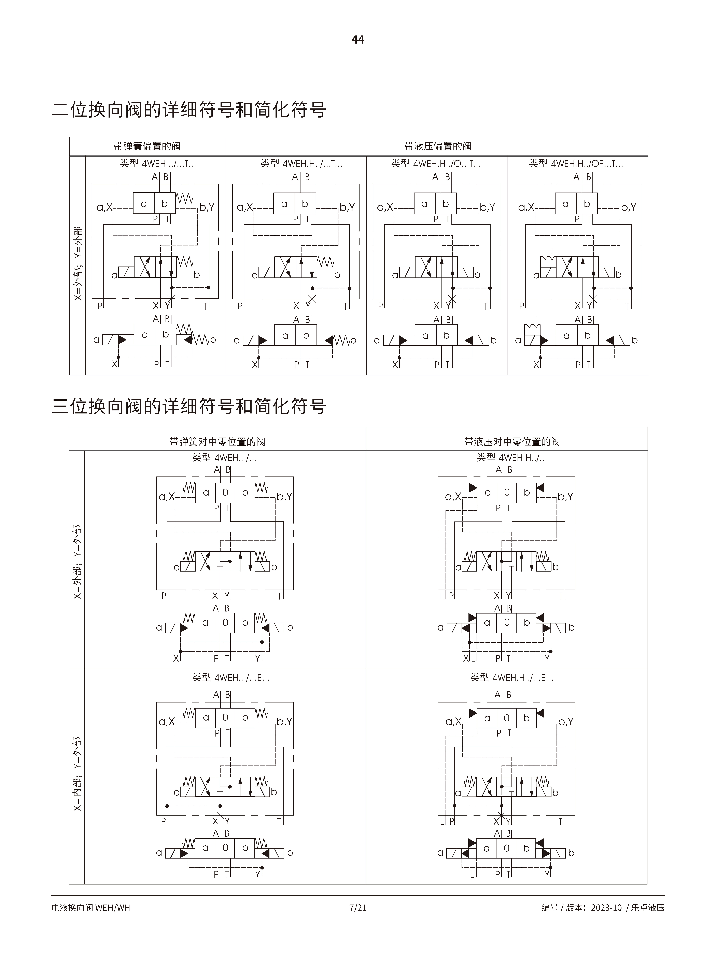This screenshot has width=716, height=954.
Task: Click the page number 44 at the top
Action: pos(358,40)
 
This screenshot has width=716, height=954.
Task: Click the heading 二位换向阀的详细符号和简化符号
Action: pos(189,110)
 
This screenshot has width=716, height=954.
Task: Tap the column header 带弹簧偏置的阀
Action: pos(147,146)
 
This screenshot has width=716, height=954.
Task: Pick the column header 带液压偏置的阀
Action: pos(437,146)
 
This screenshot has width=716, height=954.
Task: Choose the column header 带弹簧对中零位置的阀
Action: pos(217,442)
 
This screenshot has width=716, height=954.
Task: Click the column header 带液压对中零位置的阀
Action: pos(512,442)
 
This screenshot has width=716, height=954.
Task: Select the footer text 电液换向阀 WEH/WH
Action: pos(91,907)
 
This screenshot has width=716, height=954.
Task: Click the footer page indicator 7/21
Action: pos(358,907)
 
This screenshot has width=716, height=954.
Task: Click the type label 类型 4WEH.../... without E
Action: pos(224,458)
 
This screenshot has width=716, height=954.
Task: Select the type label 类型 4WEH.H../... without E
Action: pos(512,458)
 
